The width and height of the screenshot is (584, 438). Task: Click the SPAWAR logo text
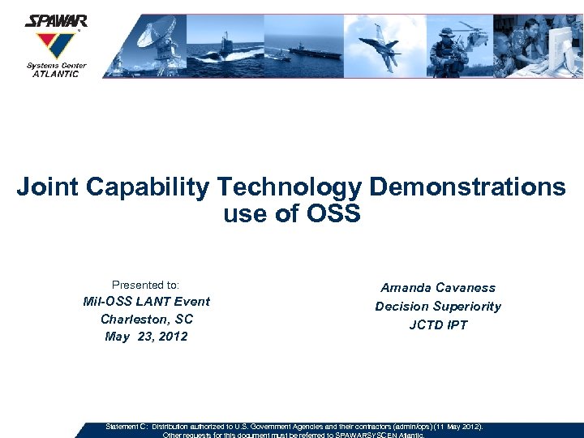point(55,21)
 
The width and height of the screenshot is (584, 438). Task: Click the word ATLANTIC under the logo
point(55,74)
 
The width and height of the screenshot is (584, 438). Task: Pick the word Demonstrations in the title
point(467,187)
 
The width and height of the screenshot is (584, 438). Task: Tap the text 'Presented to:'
point(145,285)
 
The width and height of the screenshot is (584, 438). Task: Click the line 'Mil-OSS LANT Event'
point(146,302)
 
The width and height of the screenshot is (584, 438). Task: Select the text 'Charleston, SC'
point(146,319)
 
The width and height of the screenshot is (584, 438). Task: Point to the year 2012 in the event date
point(174,337)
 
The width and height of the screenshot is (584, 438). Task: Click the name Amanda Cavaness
point(438,288)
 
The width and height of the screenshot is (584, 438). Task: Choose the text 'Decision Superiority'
point(438,307)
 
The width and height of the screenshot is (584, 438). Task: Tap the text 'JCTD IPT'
point(438,325)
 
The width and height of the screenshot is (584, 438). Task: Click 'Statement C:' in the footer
point(127,426)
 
